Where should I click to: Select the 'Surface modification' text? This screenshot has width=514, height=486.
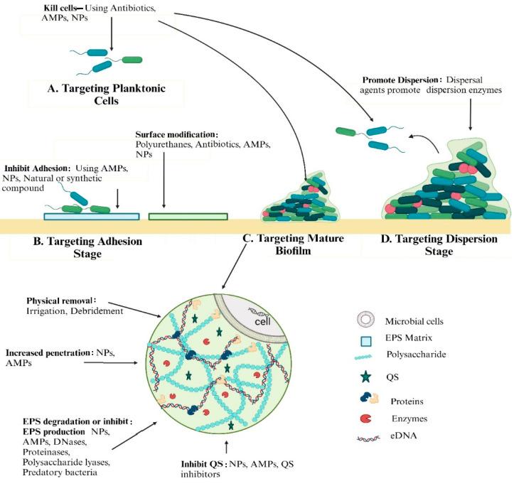pos(176,134)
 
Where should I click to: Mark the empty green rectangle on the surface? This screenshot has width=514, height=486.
pos(188,215)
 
